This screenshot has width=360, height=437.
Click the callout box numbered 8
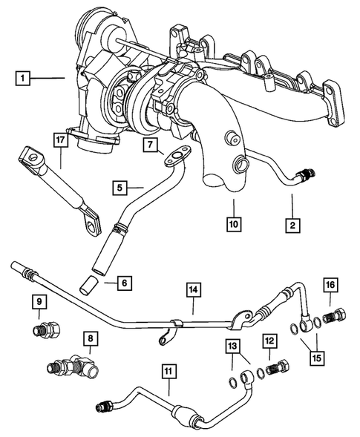(x=91, y=339)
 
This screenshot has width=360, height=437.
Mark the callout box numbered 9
(x=37, y=301)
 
